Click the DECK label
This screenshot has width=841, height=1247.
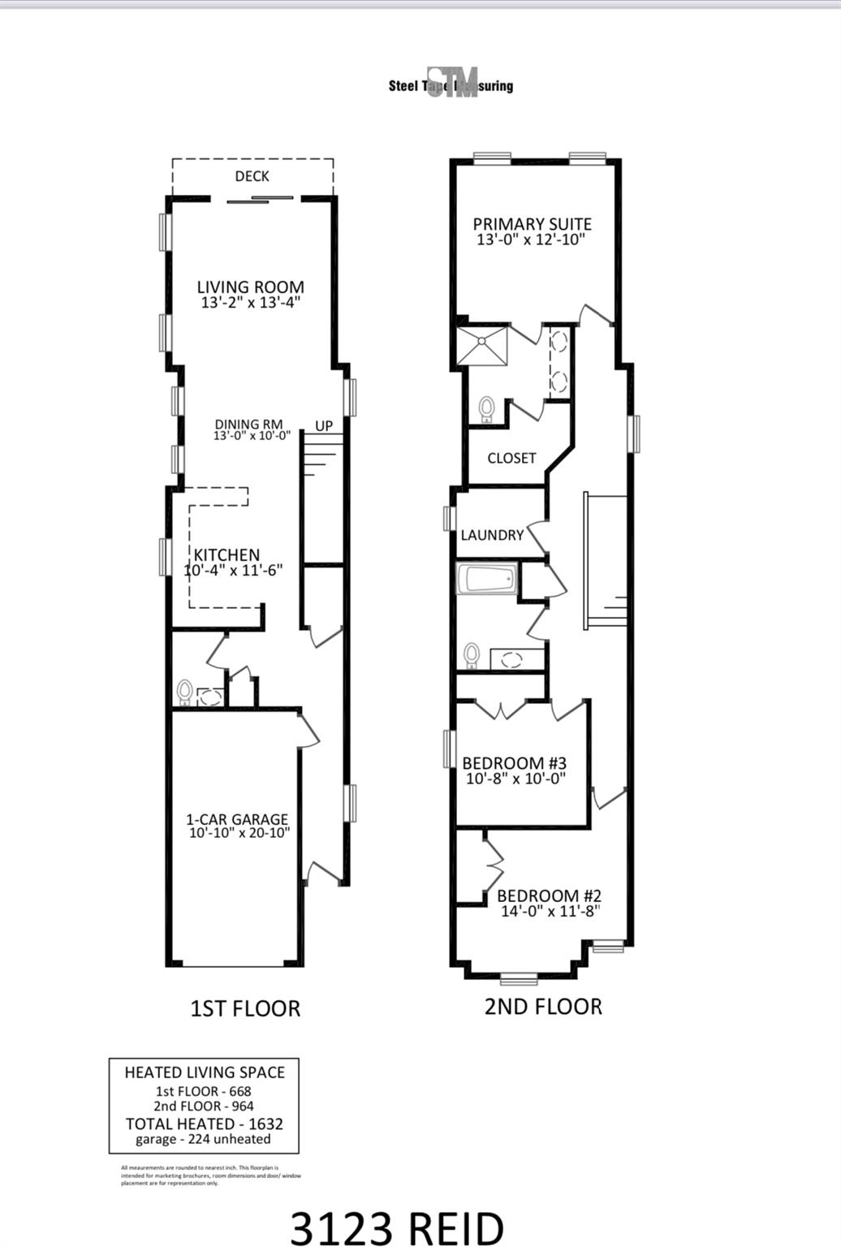(x=252, y=176)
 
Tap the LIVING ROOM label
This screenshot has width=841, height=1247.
(x=251, y=287)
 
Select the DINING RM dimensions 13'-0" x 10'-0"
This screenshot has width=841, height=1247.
(x=252, y=436)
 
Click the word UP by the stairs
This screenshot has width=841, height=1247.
(x=324, y=425)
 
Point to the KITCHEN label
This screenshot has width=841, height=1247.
(x=226, y=555)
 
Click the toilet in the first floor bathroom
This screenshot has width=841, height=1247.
(x=185, y=693)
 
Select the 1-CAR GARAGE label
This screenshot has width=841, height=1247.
(x=237, y=819)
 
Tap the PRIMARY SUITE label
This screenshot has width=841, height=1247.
(x=532, y=224)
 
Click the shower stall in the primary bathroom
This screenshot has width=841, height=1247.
(x=482, y=344)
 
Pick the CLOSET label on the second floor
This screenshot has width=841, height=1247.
(x=511, y=458)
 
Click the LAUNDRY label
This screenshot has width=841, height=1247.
(x=492, y=535)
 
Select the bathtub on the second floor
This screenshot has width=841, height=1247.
(x=486, y=580)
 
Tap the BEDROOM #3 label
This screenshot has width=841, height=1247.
(x=514, y=763)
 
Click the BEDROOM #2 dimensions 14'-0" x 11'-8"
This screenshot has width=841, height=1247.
(x=550, y=911)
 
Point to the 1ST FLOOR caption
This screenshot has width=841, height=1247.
(x=245, y=1008)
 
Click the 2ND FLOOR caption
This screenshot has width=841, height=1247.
(x=543, y=1007)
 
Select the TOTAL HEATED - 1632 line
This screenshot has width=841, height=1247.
(x=204, y=1124)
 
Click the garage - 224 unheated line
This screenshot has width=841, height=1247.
(x=203, y=1139)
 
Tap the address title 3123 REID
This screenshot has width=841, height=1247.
(x=397, y=1228)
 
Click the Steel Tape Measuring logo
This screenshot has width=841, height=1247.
(x=451, y=84)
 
